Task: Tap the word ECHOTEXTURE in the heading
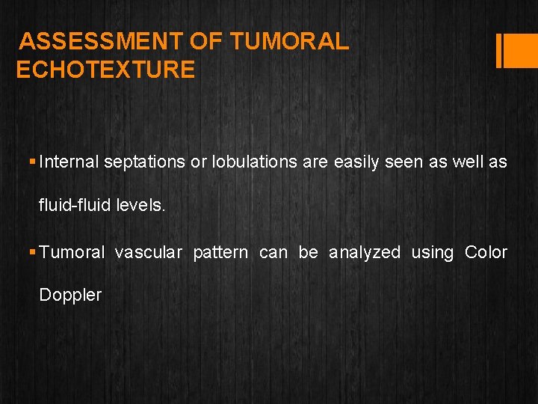[x=105, y=70]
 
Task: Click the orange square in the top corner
[x=518, y=50]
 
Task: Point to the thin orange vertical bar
[x=498, y=50]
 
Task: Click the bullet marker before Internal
[x=32, y=162]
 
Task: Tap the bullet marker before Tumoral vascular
[x=32, y=253]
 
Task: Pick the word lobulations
[x=255, y=162]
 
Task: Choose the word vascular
[x=148, y=253]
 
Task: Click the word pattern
[x=220, y=253]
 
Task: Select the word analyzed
[x=365, y=253]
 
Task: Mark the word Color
[x=486, y=253]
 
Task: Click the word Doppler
[x=70, y=295]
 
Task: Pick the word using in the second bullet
[x=433, y=253]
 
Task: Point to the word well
[x=467, y=162]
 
